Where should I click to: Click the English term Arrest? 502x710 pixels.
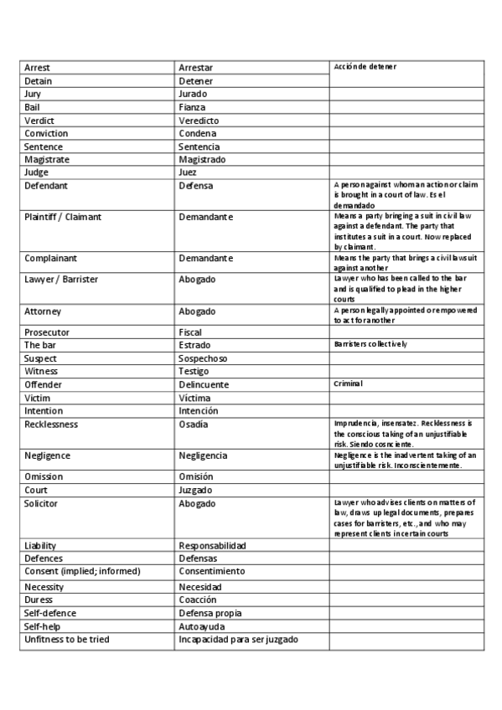point(37,68)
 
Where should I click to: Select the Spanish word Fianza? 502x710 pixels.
point(192,107)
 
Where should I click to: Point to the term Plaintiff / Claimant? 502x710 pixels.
point(63,217)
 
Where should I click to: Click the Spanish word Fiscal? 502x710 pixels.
point(190,332)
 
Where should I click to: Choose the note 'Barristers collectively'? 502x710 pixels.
point(370,344)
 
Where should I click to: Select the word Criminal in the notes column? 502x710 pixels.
point(348,383)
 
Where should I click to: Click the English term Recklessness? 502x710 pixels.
point(51,424)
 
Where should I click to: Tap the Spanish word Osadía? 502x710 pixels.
point(193,424)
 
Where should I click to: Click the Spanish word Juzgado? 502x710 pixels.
point(196,491)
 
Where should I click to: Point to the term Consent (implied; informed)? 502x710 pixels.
point(82,571)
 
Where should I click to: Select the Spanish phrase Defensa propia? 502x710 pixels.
point(210,614)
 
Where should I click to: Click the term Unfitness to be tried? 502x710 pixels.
point(67,640)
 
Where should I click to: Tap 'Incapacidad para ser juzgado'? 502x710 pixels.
point(239,640)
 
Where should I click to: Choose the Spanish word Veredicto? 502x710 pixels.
point(199,121)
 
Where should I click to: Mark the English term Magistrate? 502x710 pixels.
point(47,159)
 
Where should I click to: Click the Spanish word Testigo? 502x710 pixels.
point(194,371)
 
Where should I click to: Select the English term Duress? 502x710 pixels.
point(39,600)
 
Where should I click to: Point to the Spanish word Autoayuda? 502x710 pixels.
point(202,627)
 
